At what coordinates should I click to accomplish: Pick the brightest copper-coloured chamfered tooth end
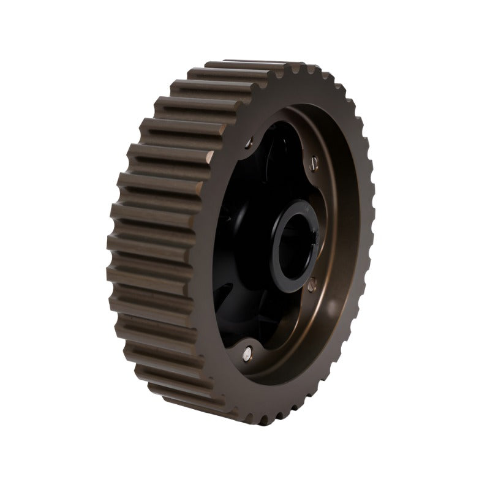click(x=209, y=153)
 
